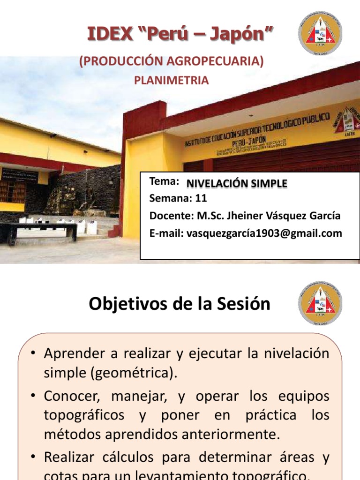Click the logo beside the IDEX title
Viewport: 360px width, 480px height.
tap(320, 33)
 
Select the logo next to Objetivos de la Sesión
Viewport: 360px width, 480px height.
tap(320, 303)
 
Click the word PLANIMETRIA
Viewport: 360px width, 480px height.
tap(172, 80)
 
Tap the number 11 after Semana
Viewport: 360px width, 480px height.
tap(201, 199)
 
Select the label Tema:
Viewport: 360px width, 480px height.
tap(164, 181)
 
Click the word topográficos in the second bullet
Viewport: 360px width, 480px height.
tap(84, 415)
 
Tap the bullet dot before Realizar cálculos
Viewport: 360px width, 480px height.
tap(33, 456)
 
